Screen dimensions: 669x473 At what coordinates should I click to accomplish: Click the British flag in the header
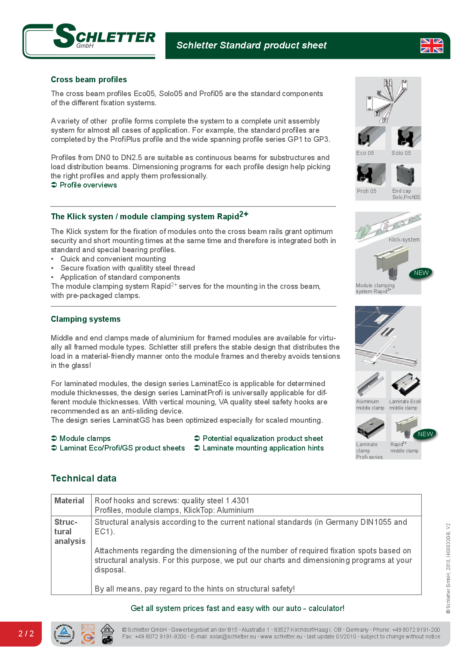pos(432,46)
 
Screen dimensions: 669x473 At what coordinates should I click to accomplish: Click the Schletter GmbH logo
pos(89,41)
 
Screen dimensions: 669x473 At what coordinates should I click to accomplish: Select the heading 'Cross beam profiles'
pos(89,79)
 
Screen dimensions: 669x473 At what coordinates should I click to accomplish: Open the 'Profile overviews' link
pos(88,185)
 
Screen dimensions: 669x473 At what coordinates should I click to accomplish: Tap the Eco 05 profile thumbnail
pos(371,137)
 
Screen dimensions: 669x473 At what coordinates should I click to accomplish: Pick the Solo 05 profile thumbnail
pos(406,137)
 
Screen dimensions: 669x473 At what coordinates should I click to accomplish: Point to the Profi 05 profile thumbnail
pos(371,175)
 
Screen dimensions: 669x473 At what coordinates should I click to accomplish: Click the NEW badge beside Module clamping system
pos(421,273)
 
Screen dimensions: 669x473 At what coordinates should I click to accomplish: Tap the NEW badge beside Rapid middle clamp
pos(425,434)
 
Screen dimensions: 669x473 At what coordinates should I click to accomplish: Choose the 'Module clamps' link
pos(85,439)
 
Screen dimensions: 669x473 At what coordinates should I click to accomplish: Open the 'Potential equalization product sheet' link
pos(263,439)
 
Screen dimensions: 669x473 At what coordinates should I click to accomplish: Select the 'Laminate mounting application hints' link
pos(263,448)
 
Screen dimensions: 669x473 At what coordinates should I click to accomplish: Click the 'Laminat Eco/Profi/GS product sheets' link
pos(122,448)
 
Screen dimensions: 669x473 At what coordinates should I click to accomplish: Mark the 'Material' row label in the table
pos(70,501)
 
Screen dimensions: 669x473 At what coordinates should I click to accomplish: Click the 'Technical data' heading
pos(84,478)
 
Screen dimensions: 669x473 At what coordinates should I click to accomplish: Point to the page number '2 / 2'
pos(26,634)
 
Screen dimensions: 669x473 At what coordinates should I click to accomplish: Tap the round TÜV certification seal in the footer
pos(64,634)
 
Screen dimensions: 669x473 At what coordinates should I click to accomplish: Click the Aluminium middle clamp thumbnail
pos(371,385)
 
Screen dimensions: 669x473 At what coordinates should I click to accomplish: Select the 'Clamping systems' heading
pos(86,319)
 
